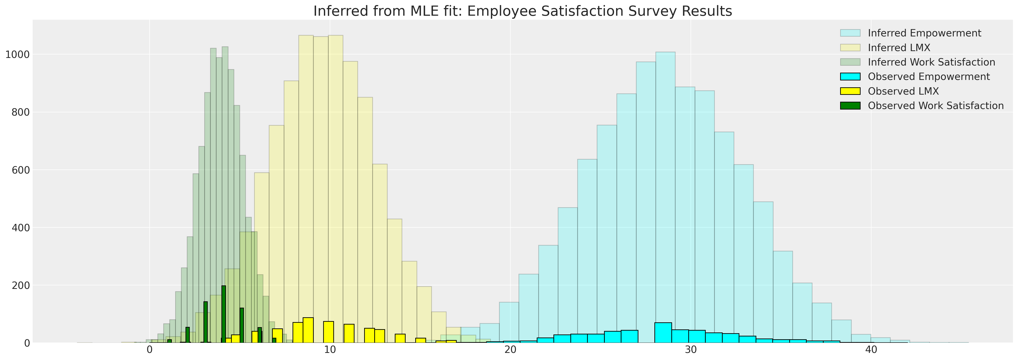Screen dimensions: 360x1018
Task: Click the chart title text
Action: click(x=523, y=11)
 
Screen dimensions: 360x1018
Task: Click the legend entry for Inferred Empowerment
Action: click(x=924, y=33)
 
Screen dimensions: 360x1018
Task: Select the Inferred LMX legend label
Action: click(x=899, y=48)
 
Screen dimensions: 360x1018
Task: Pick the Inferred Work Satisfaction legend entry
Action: click(x=931, y=62)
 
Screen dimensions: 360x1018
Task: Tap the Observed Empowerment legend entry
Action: click(x=928, y=77)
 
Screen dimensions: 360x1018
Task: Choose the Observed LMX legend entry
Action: click(x=903, y=91)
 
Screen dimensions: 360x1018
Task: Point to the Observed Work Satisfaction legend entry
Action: click(x=936, y=106)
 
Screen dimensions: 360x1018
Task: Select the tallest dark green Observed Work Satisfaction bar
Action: click(x=224, y=314)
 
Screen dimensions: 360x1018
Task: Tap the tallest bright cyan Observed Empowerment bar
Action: click(x=663, y=333)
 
